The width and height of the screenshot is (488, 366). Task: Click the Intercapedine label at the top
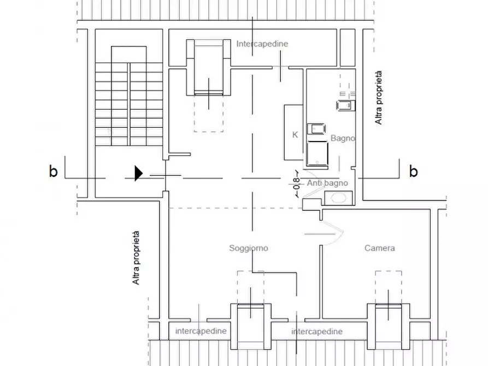pyautogui.click(x=262, y=44)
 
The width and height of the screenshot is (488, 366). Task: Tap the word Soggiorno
pyautogui.click(x=248, y=249)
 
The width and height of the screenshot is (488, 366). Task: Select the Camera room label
pyautogui.click(x=379, y=248)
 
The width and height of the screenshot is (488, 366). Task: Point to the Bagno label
pyautogui.click(x=343, y=138)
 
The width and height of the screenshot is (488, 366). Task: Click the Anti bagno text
pyautogui.click(x=327, y=183)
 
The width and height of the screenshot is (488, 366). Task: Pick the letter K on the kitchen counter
pyautogui.click(x=295, y=135)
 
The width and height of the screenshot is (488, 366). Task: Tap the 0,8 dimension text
pyautogui.click(x=297, y=184)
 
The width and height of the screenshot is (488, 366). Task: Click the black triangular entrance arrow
pyautogui.click(x=138, y=173)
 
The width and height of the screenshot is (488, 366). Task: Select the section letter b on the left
pyautogui.click(x=53, y=171)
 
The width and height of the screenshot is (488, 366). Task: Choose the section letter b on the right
pyautogui.click(x=413, y=171)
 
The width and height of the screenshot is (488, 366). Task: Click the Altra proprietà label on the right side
pyautogui.click(x=378, y=98)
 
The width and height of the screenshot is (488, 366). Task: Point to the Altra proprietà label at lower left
pyautogui.click(x=136, y=258)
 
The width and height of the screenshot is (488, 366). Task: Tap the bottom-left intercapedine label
pyautogui.click(x=201, y=331)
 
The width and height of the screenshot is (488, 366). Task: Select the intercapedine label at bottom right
pyautogui.click(x=317, y=332)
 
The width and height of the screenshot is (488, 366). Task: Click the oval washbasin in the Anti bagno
pyautogui.click(x=338, y=198)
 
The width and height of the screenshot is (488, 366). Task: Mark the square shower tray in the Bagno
pyautogui.click(x=317, y=154)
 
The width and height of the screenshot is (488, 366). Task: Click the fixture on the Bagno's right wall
pyautogui.click(x=346, y=105)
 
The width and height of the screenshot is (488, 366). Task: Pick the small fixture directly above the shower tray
pyautogui.click(x=316, y=129)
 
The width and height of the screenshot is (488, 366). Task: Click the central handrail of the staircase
pyautogui.click(x=128, y=104)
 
